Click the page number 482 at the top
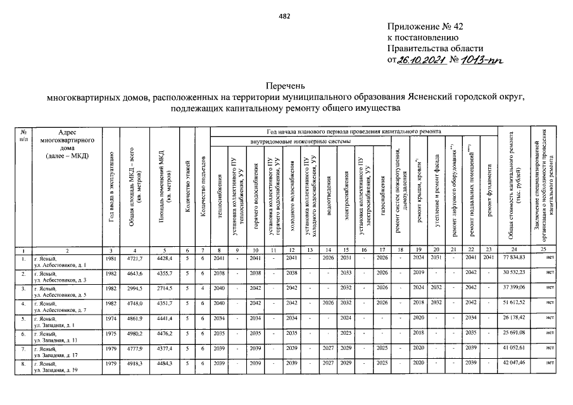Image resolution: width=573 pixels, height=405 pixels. [x=284, y=17]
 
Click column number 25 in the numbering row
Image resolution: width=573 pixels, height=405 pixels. [x=550, y=251]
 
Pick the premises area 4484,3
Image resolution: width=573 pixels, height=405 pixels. [x=164, y=364]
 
